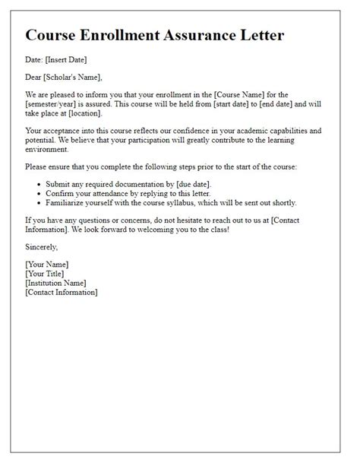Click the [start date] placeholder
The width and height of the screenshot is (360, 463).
coord(236,103)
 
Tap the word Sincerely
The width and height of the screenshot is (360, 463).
coord(40,247)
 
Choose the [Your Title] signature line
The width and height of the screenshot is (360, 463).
coord(46,274)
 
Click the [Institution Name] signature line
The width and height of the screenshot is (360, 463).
coord(61,283)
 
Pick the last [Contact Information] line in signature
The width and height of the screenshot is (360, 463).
coord(63,292)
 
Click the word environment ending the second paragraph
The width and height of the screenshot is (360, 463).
coord(49,148)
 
